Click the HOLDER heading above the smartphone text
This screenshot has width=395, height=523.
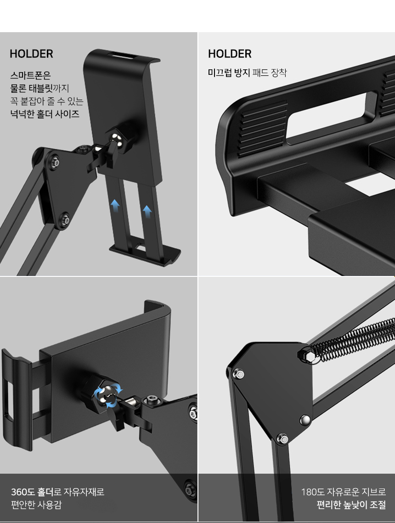pos(31,54)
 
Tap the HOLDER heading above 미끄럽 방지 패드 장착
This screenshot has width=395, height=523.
pos(230,54)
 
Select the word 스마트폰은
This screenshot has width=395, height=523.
pos(30,76)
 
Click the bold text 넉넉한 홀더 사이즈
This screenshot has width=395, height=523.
pos(45,114)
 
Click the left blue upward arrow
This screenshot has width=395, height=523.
pos(115,205)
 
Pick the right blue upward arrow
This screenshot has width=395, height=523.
pos(147,212)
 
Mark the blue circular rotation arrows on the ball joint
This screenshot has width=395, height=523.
pos(108,397)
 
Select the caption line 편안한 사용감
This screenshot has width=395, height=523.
pos(36,505)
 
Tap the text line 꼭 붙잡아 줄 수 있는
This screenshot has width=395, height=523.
pos(47,101)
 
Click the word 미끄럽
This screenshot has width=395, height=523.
pos(220,73)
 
